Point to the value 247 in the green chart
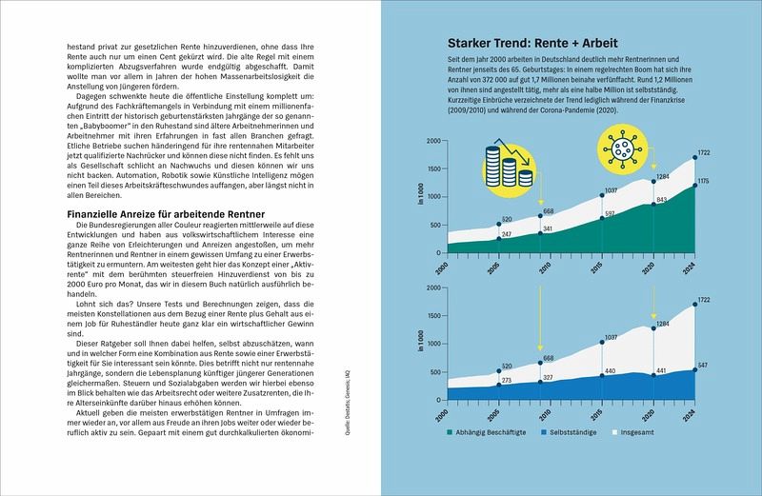coord(508,234)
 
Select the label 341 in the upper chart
coord(549,228)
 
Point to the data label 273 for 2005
coord(508,379)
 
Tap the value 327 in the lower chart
coord(549,377)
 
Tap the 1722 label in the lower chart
coord(704,301)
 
